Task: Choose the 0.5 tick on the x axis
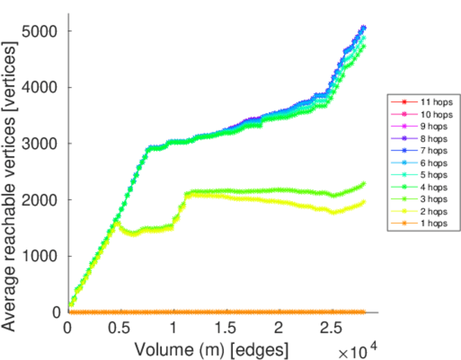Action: point(119,329)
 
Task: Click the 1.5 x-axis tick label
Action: point(225,329)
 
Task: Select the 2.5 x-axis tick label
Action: point(331,329)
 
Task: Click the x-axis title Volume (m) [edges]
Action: point(211,349)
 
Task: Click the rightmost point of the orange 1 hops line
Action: point(363,312)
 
